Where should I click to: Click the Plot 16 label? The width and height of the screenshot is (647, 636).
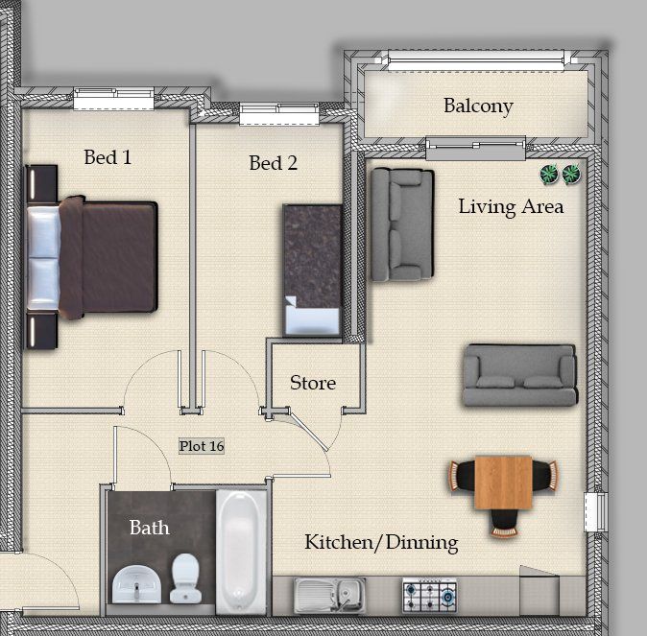tap(202, 446)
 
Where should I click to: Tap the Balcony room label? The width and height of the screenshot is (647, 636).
tap(478, 106)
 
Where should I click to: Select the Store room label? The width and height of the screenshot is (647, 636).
tap(313, 383)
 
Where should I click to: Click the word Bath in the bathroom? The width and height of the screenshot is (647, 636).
tap(150, 528)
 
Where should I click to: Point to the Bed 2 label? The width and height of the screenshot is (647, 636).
tap(274, 163)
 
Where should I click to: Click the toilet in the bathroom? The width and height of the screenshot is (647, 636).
tap(185, 577)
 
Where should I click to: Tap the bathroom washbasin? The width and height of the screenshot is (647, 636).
tap(137, 584)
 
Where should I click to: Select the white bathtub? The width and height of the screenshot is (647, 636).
tap(241, 553)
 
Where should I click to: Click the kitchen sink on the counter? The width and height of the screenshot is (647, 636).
tap(330, 595)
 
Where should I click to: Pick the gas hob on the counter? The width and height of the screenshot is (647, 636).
tap(429, 596)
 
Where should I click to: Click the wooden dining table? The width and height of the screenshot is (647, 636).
tap(503, 483)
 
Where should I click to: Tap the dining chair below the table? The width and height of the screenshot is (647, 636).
tap(503, 523)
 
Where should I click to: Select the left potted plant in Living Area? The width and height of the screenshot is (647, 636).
tap(549, 174)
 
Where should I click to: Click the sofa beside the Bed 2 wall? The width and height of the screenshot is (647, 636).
tap(402, 224)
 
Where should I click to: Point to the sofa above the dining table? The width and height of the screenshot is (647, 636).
tap(519, 375)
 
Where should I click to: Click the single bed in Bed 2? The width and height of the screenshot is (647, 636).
tap(312, 271)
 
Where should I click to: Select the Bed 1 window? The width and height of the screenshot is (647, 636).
tap(114, 99)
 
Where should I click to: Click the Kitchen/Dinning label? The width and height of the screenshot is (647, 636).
tap(382, 542)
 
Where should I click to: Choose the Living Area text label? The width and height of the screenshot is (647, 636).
tap(512, 207)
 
